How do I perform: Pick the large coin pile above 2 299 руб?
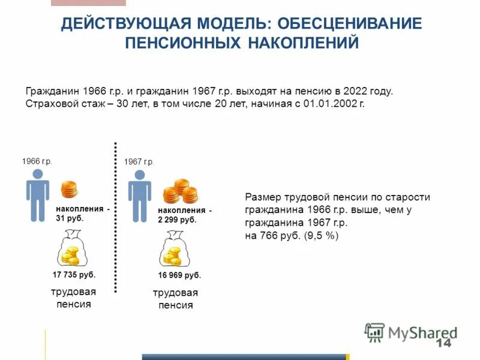(181, 191)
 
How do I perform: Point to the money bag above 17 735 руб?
(70, 251)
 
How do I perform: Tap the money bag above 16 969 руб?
(173, 253)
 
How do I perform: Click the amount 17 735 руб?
(74, 275)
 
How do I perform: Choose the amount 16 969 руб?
(179, 275)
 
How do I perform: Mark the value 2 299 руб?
(177, 220)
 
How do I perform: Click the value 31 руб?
(70, 218)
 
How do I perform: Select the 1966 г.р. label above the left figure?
(37, 161)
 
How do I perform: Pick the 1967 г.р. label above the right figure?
(139, 162)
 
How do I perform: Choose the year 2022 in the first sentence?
(355, 91)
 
